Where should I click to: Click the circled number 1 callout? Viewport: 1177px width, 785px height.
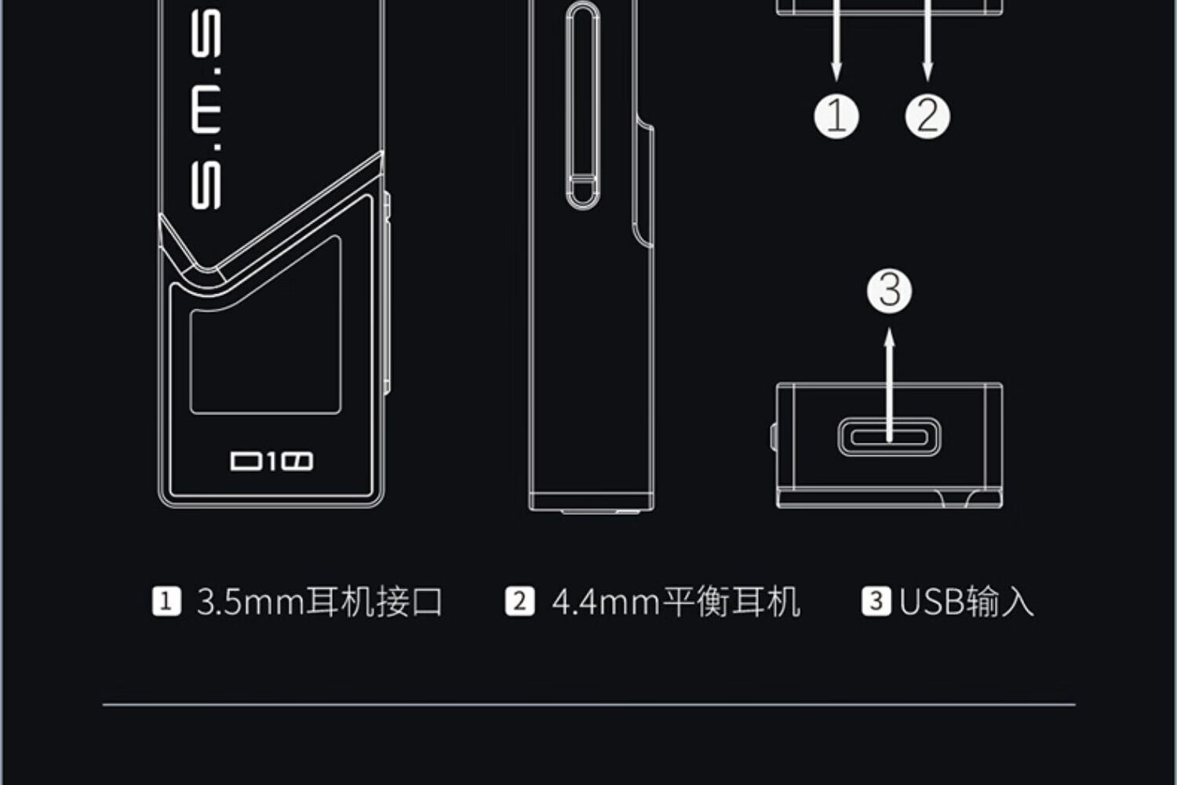(x=836, y=116)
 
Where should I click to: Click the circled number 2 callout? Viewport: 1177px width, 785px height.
(x=927, y=116)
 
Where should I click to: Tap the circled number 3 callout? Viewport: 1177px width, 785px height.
(x=889, y=290)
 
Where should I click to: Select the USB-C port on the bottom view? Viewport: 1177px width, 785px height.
(x=889, y=437)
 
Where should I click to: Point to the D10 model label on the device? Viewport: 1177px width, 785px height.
(x=271, y=461)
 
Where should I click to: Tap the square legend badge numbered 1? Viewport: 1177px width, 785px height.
(x=166, y=602)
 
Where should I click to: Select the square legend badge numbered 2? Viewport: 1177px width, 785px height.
(x=519, y=602)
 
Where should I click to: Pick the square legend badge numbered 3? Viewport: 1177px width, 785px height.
(x=876, y=602)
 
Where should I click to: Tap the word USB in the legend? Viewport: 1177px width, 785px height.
(x=931, y=602)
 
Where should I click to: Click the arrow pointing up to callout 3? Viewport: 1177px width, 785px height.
(x=889, y=377)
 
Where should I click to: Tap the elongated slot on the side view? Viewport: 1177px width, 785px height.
(x=582, y=106)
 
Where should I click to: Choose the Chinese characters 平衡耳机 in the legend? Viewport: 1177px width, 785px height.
(x=731, y=602)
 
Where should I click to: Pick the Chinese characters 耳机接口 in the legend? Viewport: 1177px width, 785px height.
(x=374, y=602)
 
